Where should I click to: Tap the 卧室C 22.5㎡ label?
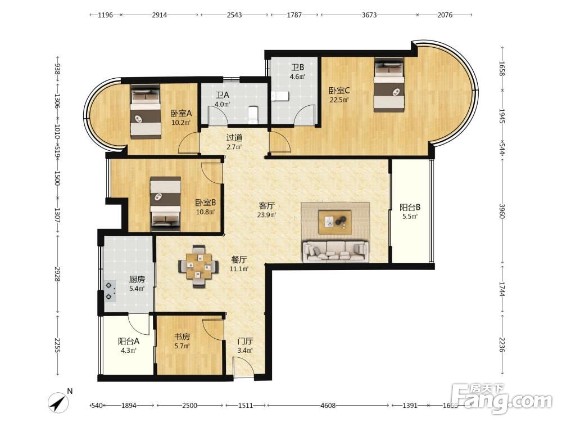tap(339, 95)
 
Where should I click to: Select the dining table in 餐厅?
tap(198, 266)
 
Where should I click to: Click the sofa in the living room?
tap(336, 251)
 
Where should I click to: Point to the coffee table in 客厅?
tap(335, 222)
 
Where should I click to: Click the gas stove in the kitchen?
tap(110, 291)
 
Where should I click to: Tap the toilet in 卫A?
tap(253, 114)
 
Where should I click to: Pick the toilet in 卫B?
tap(280, 96)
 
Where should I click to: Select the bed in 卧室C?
tap(389, 85)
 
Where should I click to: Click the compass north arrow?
tap(58, 402)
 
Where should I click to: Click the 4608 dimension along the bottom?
tap(328, 406)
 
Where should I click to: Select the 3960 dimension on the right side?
tap(502, 211)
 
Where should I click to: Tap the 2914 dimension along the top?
tap(159, 15)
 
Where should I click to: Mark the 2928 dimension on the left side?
tap(57, 273)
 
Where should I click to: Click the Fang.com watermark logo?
tap(501, 398)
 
